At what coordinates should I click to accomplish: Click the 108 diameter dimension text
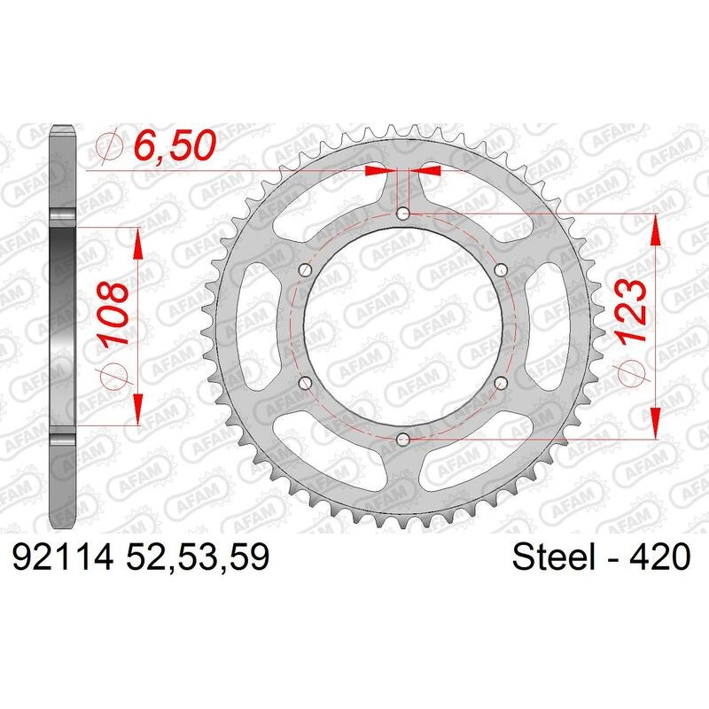click(x=116, y=316)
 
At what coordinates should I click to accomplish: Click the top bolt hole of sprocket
click(x=403, y=213)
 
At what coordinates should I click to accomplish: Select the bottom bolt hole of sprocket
click(x=403, y=438)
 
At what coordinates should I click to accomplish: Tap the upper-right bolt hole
click(x=501, y=269)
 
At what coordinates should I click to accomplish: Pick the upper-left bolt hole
click(x=306, y=269)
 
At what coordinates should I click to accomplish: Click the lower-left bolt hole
click(x=306, y=382)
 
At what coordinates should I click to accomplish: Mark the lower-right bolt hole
click(x=501, y=382)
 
